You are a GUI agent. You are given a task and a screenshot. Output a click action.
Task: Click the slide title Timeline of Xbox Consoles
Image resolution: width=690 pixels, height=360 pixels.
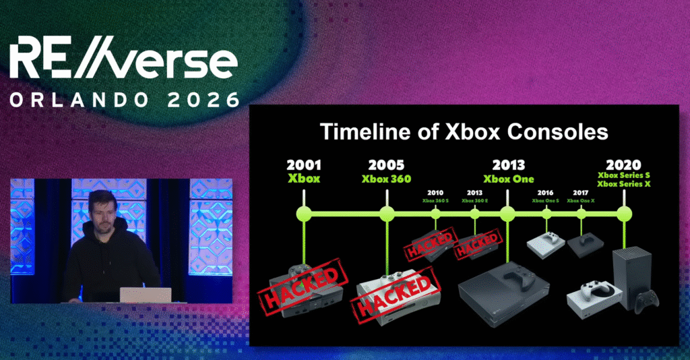(464, 131)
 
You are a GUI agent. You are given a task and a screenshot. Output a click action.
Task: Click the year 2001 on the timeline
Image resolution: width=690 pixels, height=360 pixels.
(304, 165)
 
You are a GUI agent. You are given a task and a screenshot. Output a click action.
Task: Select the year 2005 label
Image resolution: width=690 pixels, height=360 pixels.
(386, 165)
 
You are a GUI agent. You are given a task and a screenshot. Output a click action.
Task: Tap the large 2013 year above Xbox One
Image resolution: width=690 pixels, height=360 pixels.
(508, 165)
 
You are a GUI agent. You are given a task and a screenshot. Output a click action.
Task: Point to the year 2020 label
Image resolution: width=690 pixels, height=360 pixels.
(623, 165)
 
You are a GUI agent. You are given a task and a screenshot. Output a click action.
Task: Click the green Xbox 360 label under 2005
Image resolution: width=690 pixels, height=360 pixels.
(386, 179)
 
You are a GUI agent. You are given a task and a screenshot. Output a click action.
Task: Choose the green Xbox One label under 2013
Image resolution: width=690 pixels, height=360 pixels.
(508, 179)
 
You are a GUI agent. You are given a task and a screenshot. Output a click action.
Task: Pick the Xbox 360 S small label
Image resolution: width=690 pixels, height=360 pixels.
(435, 200)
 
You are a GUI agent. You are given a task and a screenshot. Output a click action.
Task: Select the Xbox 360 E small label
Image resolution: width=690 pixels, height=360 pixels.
(474, 200)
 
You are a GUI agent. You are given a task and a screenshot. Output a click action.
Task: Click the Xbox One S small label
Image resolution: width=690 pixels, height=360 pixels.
(546, 200)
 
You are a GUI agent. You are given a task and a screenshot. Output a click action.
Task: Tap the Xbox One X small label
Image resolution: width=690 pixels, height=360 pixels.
(581, 200)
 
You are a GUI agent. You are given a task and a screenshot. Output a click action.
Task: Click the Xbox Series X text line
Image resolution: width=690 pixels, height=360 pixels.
(623, 184)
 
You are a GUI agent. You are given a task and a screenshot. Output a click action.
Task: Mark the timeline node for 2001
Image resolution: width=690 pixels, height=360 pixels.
(304, 214)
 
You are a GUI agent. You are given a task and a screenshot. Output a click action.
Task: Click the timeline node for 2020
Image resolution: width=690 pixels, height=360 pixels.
(624, 214)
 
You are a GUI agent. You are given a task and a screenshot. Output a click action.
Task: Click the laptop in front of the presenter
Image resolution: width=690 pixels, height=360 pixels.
(145, 295)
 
